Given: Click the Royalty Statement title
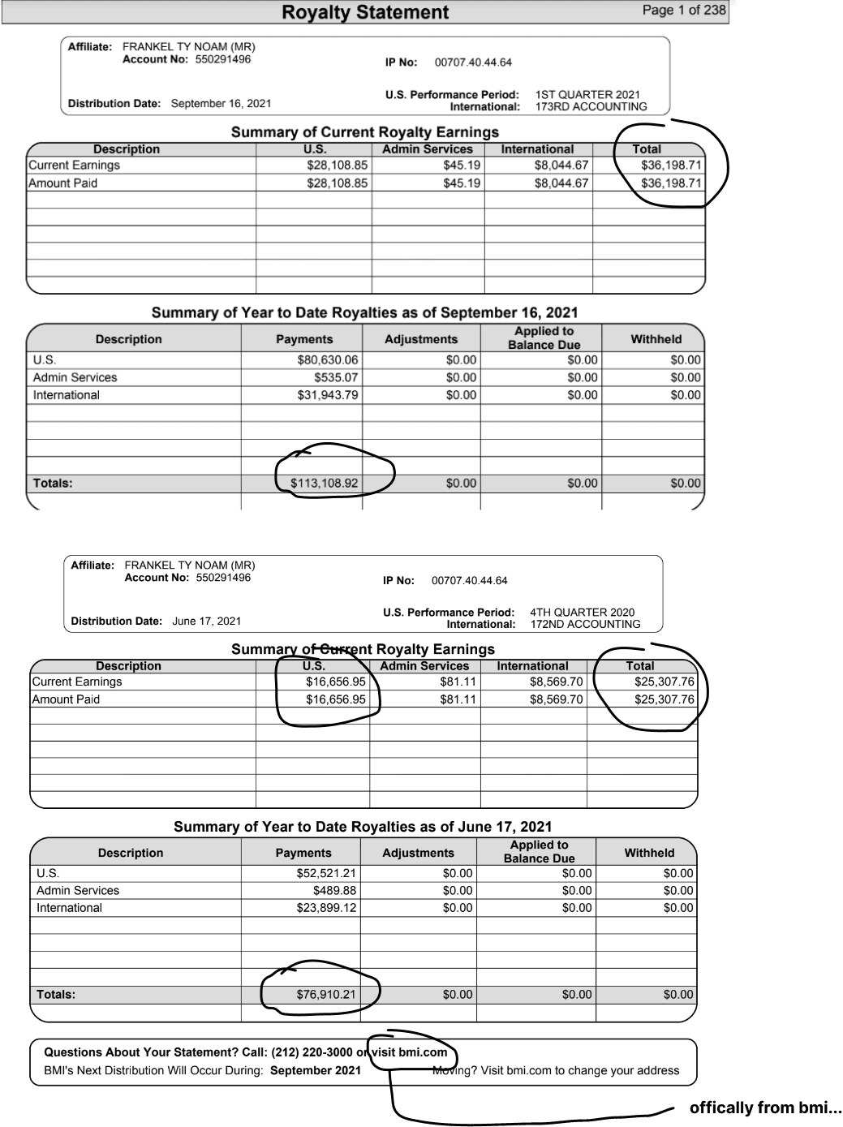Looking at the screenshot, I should pos(364,12).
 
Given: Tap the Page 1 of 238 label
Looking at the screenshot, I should pos(683,10).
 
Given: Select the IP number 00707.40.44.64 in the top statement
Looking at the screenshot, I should pos(473,62).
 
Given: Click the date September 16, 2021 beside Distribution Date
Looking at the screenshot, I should pos(221,104).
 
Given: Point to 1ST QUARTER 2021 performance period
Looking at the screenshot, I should pos(587,94).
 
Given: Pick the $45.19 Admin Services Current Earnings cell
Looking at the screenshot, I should pos(461,166).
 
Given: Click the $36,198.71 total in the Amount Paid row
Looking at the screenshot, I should pos(670,183).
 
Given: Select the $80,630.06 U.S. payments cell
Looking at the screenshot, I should pos(327,360).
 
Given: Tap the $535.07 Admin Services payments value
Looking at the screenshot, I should pos(336,377).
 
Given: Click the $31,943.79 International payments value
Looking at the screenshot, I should pos(327,395).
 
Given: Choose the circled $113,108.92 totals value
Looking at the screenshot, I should pos(324,484).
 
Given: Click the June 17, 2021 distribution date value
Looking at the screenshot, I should pos(206,622).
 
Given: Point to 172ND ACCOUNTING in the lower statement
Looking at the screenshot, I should pos(585,625).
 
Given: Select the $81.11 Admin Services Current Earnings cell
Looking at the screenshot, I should pos(458,682).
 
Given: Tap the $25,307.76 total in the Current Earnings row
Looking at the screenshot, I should pos(664,682).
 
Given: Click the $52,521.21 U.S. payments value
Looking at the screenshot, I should pos(326,874).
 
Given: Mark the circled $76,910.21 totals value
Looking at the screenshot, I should pos(325,995).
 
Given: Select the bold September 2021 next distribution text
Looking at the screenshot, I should pos(316,1070).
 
